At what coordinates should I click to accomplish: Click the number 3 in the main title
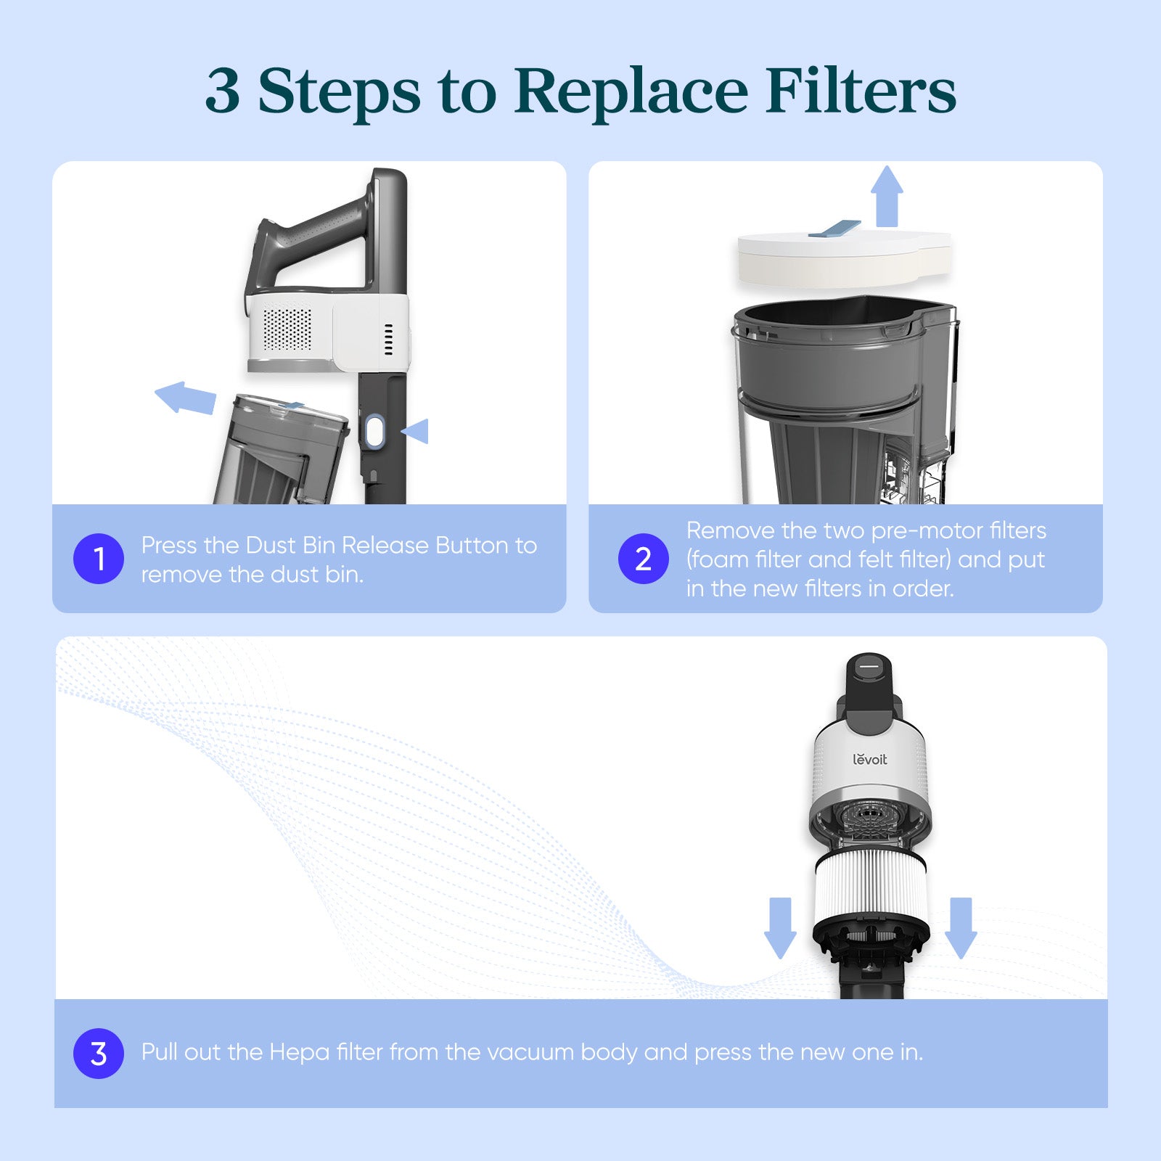click(x=223, y=91)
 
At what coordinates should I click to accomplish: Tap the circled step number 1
click(x=99, y=559)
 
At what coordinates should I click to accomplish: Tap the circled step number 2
click(x=643, y=559)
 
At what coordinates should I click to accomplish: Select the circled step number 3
click(x=99, y=1053)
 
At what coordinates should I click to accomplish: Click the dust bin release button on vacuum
click(x=374, y=431)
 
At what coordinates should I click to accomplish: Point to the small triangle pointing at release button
click(x=417, y=431)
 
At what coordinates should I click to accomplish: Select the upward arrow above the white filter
click(x=887, y=196)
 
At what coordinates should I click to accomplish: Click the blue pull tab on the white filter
click(x=834, y=229)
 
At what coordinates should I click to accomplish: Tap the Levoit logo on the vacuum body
click(x=869, y=759)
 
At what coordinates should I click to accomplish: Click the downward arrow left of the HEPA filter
click(x=780, y=927)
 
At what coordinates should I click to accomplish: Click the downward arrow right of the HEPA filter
click(x=961, y=927)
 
